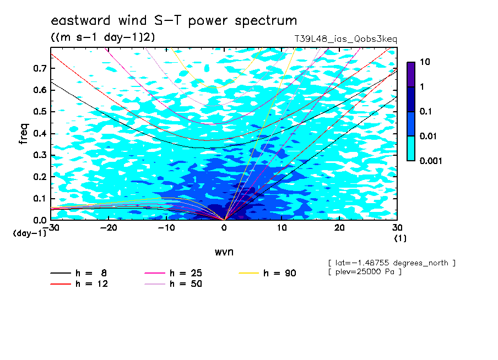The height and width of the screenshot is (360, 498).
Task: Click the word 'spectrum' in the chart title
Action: pyautogui.click(x=266, y=21)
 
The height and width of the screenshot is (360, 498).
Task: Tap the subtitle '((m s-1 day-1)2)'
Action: pyautogui.click(x=103, y=37)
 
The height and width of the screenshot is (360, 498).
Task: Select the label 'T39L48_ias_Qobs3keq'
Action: pyautogui.click(x=345, y=39)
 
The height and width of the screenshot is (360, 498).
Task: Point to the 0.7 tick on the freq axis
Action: pyautogui.click(x=40, y=68)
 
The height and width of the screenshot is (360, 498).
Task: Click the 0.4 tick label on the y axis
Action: pyautogui.click(x=40, y=133)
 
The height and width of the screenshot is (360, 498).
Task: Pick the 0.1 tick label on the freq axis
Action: pyautogui.click(x=40, y=198)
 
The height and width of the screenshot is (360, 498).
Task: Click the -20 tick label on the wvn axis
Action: pyautogui.click(x=109, y=228)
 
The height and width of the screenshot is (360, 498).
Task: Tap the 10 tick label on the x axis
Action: pyautogui.click(x=282, y=228)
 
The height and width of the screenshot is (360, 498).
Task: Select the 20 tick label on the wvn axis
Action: pyautogui.click(x=339, y=228)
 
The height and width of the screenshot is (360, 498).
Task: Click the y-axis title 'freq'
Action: pyautogui.click(x=24, y=134)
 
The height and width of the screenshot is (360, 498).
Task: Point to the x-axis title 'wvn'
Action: pyautogui.click(x=224, y=252)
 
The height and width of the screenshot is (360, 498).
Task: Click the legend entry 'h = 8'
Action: pyautogui.click(x=78, y=273)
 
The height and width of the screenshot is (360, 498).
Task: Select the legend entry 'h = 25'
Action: pyautogui.click(x=173, y=273)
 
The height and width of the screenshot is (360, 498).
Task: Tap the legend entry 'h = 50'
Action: pyautogui.click(x=173, y=283)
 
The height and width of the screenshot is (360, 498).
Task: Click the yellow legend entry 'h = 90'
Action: pyautogui.click(x=267, y=273)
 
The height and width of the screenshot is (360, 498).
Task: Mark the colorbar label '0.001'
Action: pyautogui.click(x=431, y=161)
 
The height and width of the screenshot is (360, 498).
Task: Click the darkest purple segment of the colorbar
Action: pyautogui.click(x=411, y=74)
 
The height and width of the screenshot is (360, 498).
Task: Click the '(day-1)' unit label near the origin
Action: pyautogui.click(x=30, y=233)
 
